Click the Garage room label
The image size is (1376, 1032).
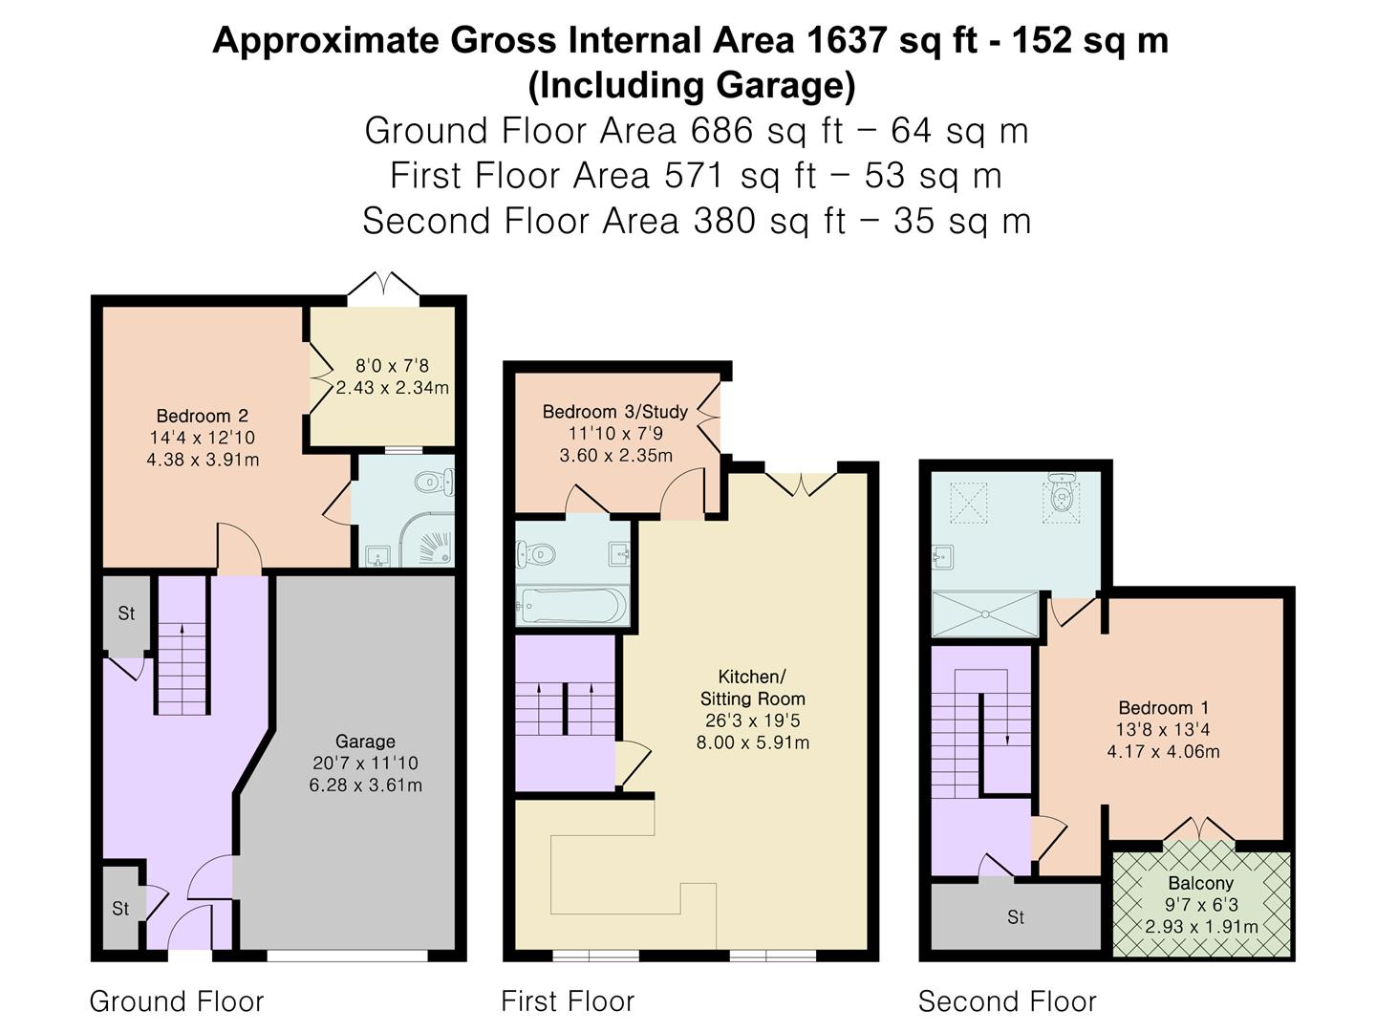tap(365, 742)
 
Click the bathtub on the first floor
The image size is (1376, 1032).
tap(571, 606)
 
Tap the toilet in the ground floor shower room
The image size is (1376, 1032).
tap(435, 482)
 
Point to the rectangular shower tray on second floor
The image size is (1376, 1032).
tap(985, 614)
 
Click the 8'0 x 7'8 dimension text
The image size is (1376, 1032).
tap(392, 366)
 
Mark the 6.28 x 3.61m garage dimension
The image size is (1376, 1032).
tap(365, 785)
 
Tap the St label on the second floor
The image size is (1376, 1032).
tap(1016, 917)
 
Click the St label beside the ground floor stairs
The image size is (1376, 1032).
tap(126, 613)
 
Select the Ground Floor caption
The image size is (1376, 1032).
tap(177, 1001)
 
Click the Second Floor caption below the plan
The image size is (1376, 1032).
tap(1007, 1001)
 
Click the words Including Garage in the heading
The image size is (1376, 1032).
tap(692, 86)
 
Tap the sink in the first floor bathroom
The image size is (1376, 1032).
tap(619, 554)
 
